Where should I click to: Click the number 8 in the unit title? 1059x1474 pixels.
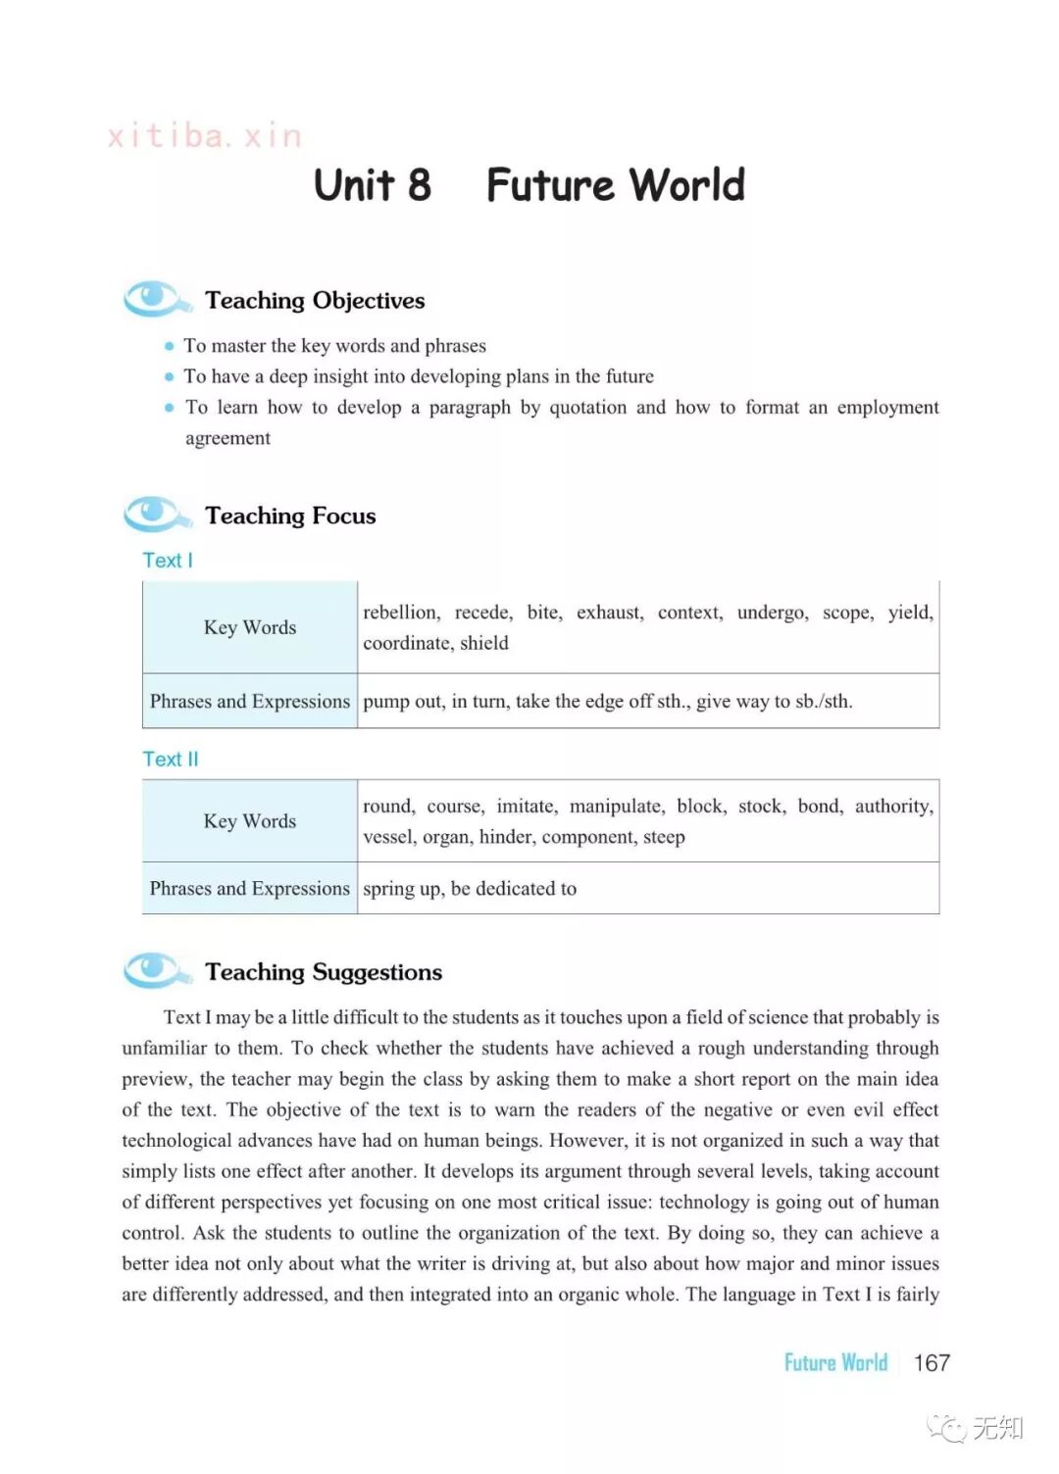click(x=419, y=185)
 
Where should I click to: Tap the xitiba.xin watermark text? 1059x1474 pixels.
click(x=205, y=136)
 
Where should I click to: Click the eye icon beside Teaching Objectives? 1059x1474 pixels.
click(x=154, y=298)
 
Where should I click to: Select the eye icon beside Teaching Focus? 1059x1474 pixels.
click(x=154, y=513)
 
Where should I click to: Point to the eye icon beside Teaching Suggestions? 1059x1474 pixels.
click(x=154, y=969)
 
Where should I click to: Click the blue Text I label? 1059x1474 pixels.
click(x=168, y=561)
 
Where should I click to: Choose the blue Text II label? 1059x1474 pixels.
click(x=171, y=760)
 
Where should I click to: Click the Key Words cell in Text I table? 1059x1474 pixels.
click(x=250, y=627)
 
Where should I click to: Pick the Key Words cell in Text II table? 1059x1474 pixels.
click(x=250, y=821)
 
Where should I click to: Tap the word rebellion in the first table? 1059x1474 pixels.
click(x=401, y=613)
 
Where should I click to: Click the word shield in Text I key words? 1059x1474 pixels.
click(x=484, y=643)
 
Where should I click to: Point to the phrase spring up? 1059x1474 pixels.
click(x=402, y=889)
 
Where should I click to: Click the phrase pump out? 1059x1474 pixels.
click(x=401, y=702)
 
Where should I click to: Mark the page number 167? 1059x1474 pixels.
click(x=932, y=1363)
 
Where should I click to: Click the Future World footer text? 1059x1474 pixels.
click(x=835, y=1363)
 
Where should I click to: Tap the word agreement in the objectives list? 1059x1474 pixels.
click(x=227, y=438)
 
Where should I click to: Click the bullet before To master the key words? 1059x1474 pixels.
click(x=170, y=346)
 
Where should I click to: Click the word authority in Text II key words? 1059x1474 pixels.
click(x=893, y=807)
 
